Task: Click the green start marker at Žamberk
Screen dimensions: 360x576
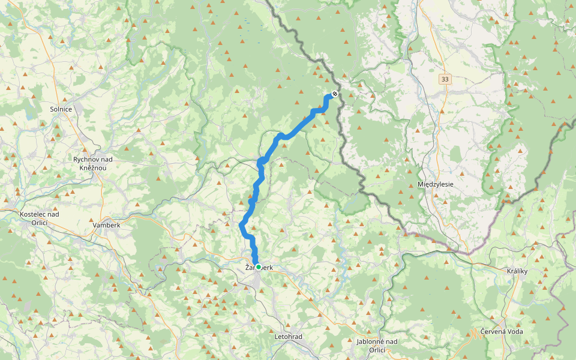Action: click(x=259, y=267)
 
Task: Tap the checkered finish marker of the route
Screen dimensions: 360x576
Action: click(x=334, y=94)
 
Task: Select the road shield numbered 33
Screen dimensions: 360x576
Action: click(x=444, y=79)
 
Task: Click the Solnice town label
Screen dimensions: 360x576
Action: click(x=61, y=109)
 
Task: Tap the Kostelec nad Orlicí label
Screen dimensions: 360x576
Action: click(x=39, y=218)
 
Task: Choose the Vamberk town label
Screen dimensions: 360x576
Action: click(x=107, y=225)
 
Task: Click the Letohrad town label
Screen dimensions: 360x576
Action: click(x=289, y=337)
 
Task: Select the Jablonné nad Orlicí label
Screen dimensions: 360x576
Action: click(x=377, y=346)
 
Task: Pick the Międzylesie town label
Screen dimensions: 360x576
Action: click(x=436, y=184)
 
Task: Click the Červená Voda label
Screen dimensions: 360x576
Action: click(x=502, y=332)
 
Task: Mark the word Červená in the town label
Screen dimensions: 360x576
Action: click(x=493, y=332)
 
